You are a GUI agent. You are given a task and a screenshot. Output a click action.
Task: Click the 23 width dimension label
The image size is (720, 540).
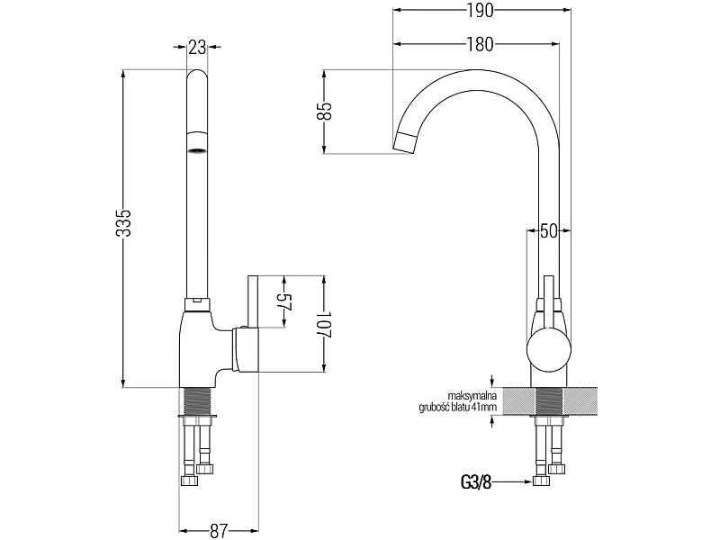coord(197,47)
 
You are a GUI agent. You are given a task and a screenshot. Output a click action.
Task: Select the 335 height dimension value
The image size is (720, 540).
coord(123,222)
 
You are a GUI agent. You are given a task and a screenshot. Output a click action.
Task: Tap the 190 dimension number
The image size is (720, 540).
coord(481,10)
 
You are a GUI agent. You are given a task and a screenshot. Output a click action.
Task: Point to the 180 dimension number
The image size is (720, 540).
coord(481,44)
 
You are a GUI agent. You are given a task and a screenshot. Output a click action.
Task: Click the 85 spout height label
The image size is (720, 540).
coord(324,111)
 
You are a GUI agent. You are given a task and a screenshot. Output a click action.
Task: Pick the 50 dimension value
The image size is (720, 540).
coord(548,231)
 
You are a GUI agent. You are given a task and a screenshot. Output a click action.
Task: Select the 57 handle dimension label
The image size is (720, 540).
coord(285,301)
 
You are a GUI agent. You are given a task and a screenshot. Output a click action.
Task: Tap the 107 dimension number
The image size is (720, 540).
coord(324,325)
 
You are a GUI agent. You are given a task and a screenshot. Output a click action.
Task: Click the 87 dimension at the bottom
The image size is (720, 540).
coord(218,531)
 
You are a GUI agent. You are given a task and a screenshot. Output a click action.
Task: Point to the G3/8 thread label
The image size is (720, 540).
coord(476,482)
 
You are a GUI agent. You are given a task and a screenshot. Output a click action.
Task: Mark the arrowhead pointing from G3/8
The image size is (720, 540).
coord(528,481)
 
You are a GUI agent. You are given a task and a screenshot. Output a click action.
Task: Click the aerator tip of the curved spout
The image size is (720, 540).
coord(405,142)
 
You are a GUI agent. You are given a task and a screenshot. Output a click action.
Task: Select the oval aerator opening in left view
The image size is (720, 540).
coord(197,151)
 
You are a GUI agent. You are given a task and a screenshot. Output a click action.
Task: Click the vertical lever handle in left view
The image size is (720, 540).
coord(253,301)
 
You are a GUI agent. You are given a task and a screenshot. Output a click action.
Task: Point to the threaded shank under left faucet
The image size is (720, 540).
coord(197,401)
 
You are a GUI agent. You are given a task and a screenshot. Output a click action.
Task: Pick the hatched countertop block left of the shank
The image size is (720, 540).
coord(519,400)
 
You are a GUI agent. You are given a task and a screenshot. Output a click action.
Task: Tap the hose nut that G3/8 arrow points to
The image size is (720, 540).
coord(542,481)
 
